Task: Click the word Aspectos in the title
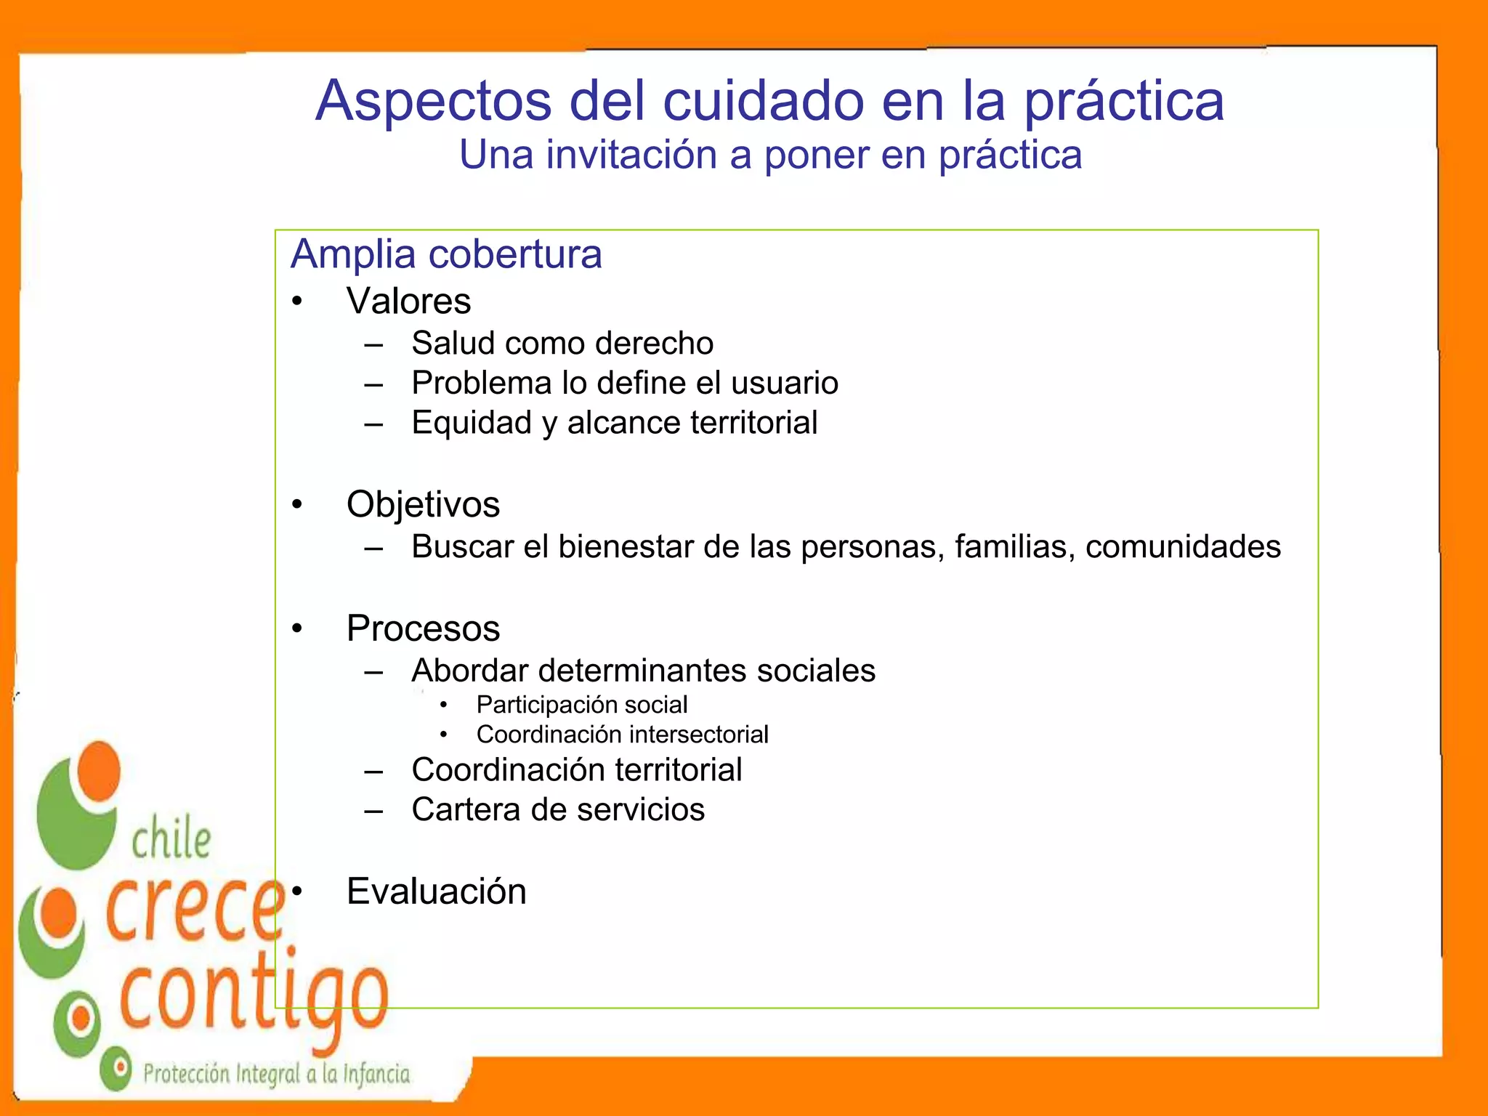click(x=433, y=100)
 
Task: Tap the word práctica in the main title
click(x=1124, y=100)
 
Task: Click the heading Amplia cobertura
click(x=446, y=254)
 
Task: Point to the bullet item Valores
click(x=408, y=301)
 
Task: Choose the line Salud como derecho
click(x=562, y=343)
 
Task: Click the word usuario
click(x=785, y=383)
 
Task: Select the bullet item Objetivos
click(x=423, y=504)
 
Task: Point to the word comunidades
click(x=1183, y=546)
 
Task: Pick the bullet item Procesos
click(x=423, y=628)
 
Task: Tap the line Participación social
click(x=581, y=705)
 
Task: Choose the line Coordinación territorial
click(x=576, y=770)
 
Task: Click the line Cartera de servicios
click(x=557, y=809)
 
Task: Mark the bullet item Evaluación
click(x=436, y=891)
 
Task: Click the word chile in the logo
click(x=171, y=840)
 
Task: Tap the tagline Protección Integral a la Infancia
click(x=276, y=1074)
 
